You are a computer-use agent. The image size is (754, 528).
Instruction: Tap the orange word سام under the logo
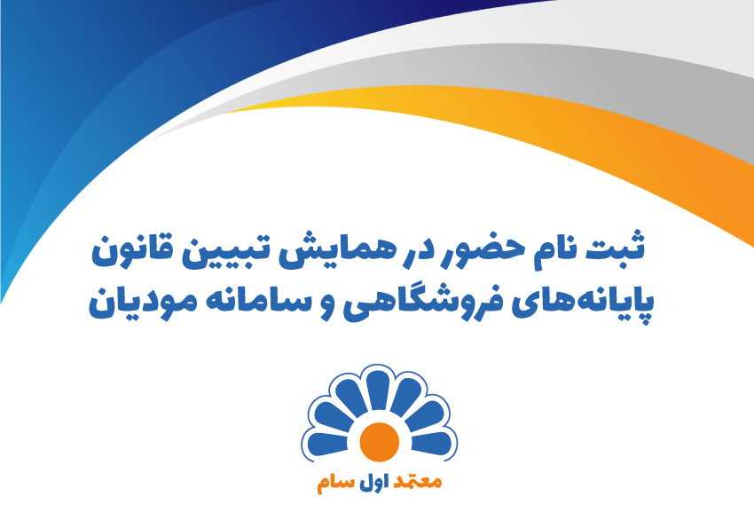[x=335, y=485]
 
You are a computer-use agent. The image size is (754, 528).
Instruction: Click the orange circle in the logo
[x=377, y=443]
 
